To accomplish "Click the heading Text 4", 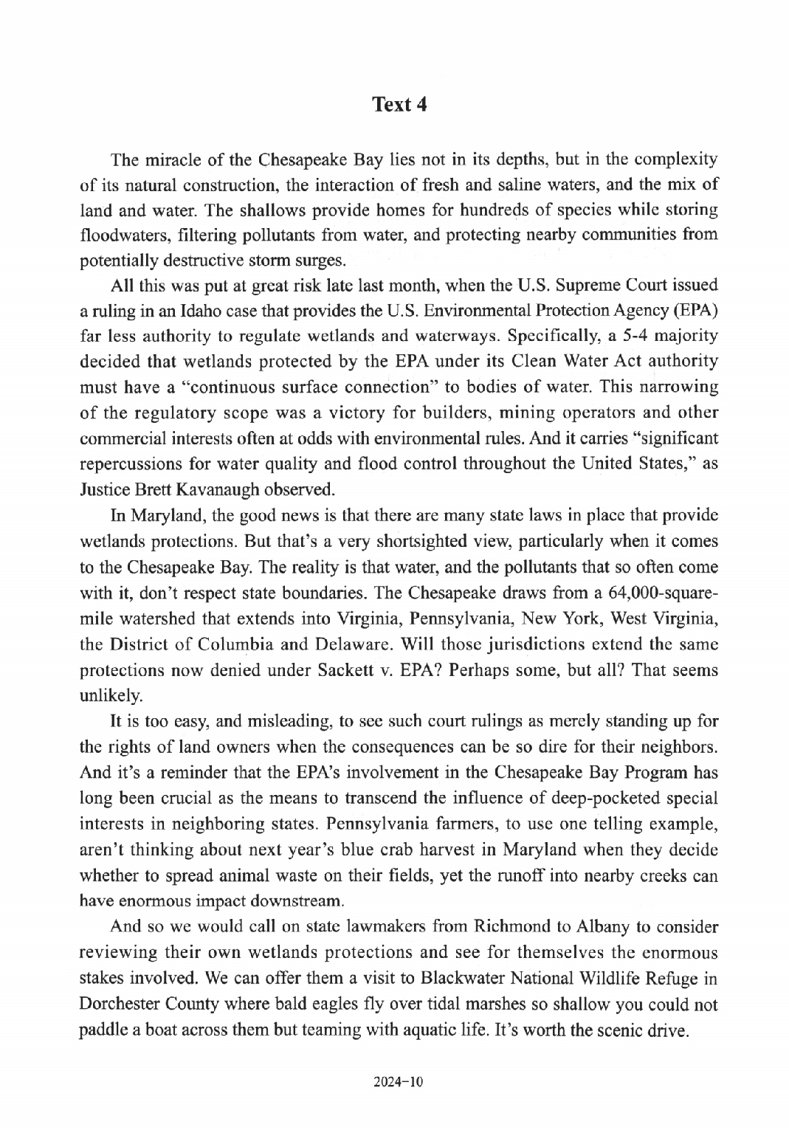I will tap(399, 104).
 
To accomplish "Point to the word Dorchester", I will tap(114, 1005).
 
